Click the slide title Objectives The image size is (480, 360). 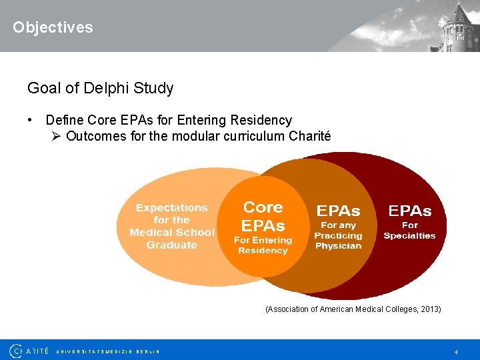(53, 27)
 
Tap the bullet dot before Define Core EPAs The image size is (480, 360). (30, 120)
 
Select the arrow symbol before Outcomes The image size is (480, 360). (57, 136)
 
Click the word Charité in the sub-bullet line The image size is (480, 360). (309, 136)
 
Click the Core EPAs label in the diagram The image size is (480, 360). (263, 216)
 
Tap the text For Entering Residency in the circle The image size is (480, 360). (263, 245)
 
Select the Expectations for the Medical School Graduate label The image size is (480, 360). (172, 226)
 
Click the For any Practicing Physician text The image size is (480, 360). (338, 235)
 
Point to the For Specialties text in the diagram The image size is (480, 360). (409, 230)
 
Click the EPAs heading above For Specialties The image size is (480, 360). (410, 211)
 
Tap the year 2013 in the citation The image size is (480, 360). (429, 309)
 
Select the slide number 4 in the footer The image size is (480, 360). (455, 351)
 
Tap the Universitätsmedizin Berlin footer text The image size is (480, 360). (107, 351)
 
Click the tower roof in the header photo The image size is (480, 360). (459, 13)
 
